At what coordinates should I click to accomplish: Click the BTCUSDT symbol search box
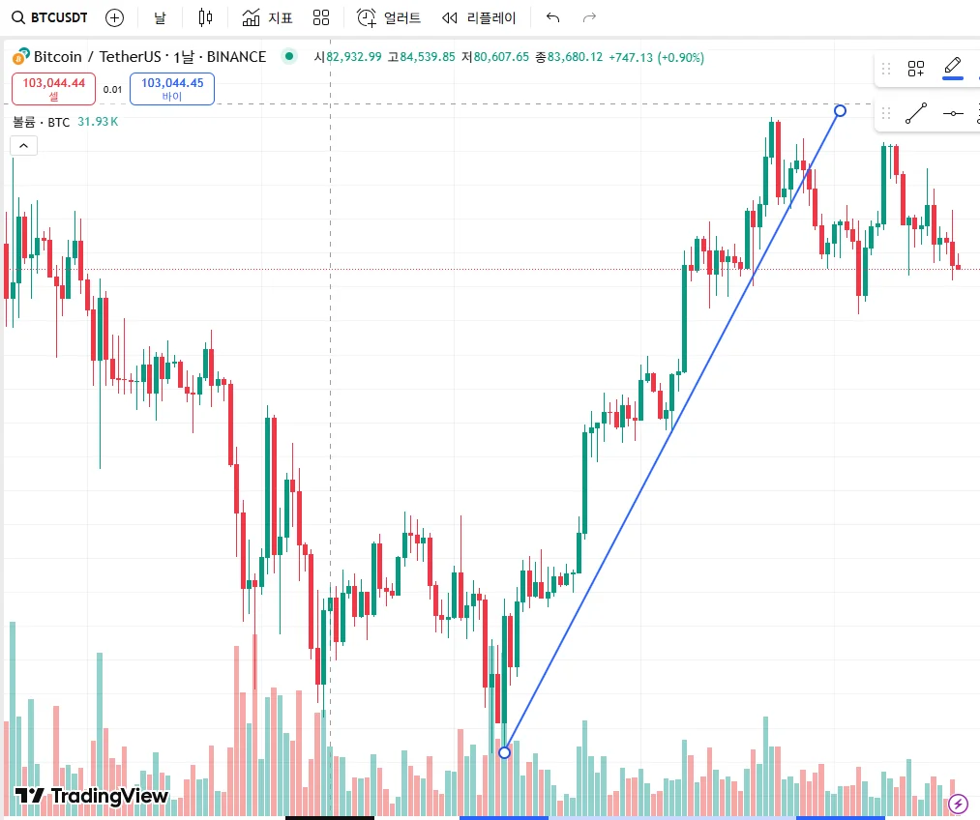54,17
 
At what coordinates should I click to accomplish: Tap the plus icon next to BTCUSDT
114,17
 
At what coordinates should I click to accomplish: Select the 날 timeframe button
160,17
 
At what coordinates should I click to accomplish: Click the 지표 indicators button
267,17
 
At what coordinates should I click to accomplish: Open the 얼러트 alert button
389,17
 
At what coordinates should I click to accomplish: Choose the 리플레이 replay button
479,17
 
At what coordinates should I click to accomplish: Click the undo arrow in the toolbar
552,17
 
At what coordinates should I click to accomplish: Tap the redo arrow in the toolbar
589,17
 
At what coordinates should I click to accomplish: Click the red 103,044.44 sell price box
54,89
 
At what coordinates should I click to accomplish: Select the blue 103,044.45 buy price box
172,89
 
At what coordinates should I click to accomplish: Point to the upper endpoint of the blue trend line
840,110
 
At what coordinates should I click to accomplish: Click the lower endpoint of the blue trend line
504,752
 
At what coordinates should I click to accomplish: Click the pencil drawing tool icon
952,67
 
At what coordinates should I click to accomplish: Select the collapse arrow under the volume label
23,146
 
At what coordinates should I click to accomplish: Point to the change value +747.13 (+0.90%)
656,57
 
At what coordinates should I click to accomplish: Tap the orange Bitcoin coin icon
19,57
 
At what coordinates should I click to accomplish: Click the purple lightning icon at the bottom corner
958,803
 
